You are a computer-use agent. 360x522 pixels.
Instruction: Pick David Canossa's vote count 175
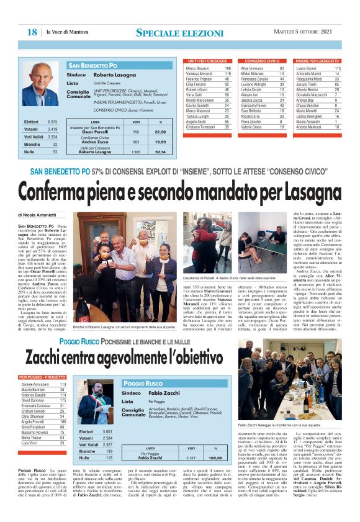(x=62, y=401)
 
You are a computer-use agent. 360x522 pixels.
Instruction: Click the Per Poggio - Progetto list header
(x=43, y=378)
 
